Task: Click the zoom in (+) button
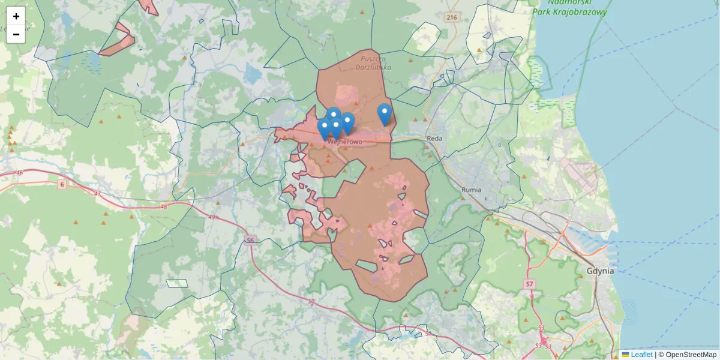16,16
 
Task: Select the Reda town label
434,138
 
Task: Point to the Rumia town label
472,190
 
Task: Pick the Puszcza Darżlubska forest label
376,62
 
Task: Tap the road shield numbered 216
452,18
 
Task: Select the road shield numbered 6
62,184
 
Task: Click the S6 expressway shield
250,240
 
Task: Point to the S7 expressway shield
529,283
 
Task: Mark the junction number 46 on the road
19,173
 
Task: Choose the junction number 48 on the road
164,206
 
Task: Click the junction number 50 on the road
310,301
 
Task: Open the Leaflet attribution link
641,355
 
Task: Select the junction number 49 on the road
211,217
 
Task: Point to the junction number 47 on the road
98,193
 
